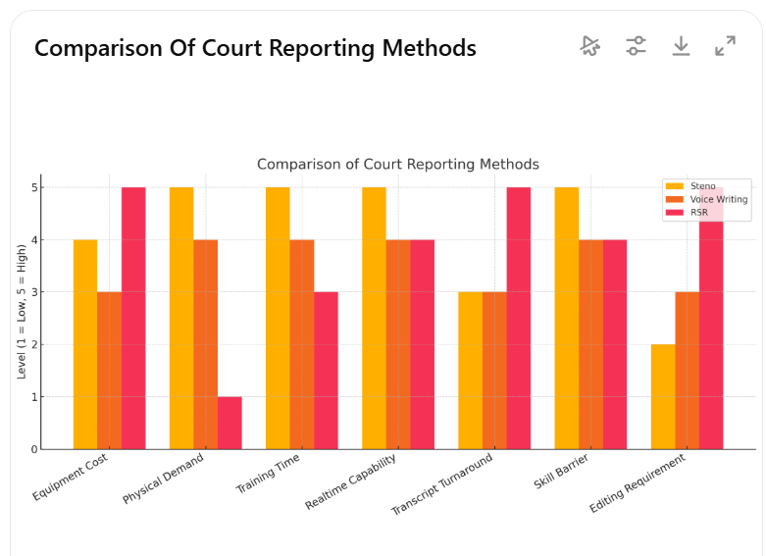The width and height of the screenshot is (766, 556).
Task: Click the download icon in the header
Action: coord(681,46)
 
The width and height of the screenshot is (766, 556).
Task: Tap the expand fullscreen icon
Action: coord(725,46)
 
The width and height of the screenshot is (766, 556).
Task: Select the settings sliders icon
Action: coord(636,46)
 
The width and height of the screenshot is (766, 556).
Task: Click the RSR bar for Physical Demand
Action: coord(230,423)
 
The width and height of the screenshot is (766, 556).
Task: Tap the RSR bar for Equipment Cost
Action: coord(133,318)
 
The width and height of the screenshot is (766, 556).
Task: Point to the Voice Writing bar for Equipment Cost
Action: coord(109,370)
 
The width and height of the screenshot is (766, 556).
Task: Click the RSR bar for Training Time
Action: coord(326,370)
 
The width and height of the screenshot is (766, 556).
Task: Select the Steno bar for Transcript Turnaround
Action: coord(470,370)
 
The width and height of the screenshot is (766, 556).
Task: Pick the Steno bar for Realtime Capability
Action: coord(374,318)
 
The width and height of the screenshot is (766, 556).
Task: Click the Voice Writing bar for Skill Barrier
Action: coord(590,343)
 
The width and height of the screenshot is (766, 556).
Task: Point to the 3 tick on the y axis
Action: coord(33,292)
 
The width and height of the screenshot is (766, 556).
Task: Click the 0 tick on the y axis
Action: coord(33,449)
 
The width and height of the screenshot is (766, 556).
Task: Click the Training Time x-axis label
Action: coord(268,474)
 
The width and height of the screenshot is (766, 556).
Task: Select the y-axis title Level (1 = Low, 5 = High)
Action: coord(21,311)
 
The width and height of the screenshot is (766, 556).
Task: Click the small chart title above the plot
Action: coord(397,164)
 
